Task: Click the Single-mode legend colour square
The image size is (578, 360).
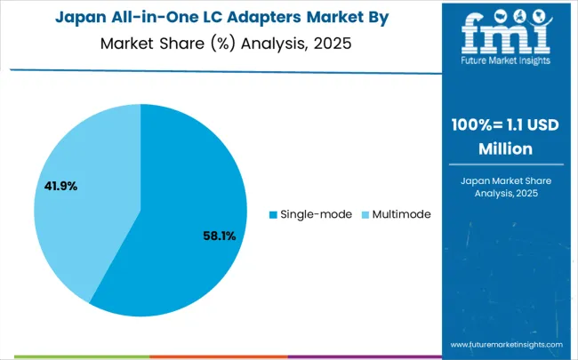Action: coord(273,214)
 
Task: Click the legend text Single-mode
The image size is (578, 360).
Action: coord(316,214)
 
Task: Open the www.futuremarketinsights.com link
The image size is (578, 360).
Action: coord(506,344)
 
